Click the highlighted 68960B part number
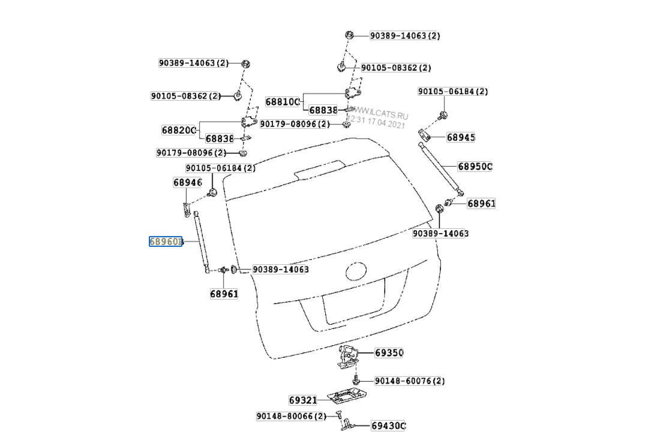pos(165,242)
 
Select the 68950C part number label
pos(475,166)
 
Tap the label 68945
pos(460,137)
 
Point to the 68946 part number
pos(187,182)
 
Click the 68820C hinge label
pos(179,130)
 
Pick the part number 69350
pos(389,353)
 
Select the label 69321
pos(302,400)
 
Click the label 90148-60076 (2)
pos(410,380)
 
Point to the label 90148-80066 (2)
pos(291,416)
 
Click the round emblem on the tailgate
pos(356,271)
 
